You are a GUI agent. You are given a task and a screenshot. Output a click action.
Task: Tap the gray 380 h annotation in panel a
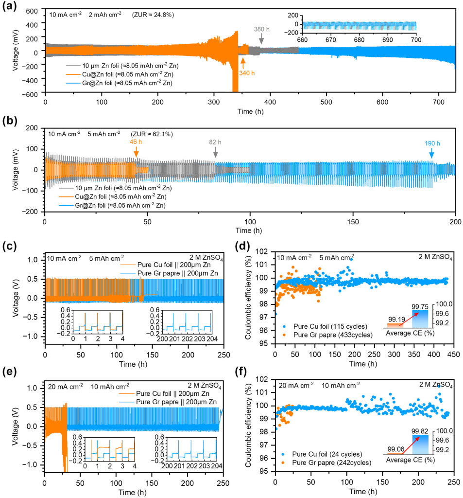(261, 29)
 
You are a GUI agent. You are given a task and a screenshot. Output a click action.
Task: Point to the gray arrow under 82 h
(215, 152)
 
